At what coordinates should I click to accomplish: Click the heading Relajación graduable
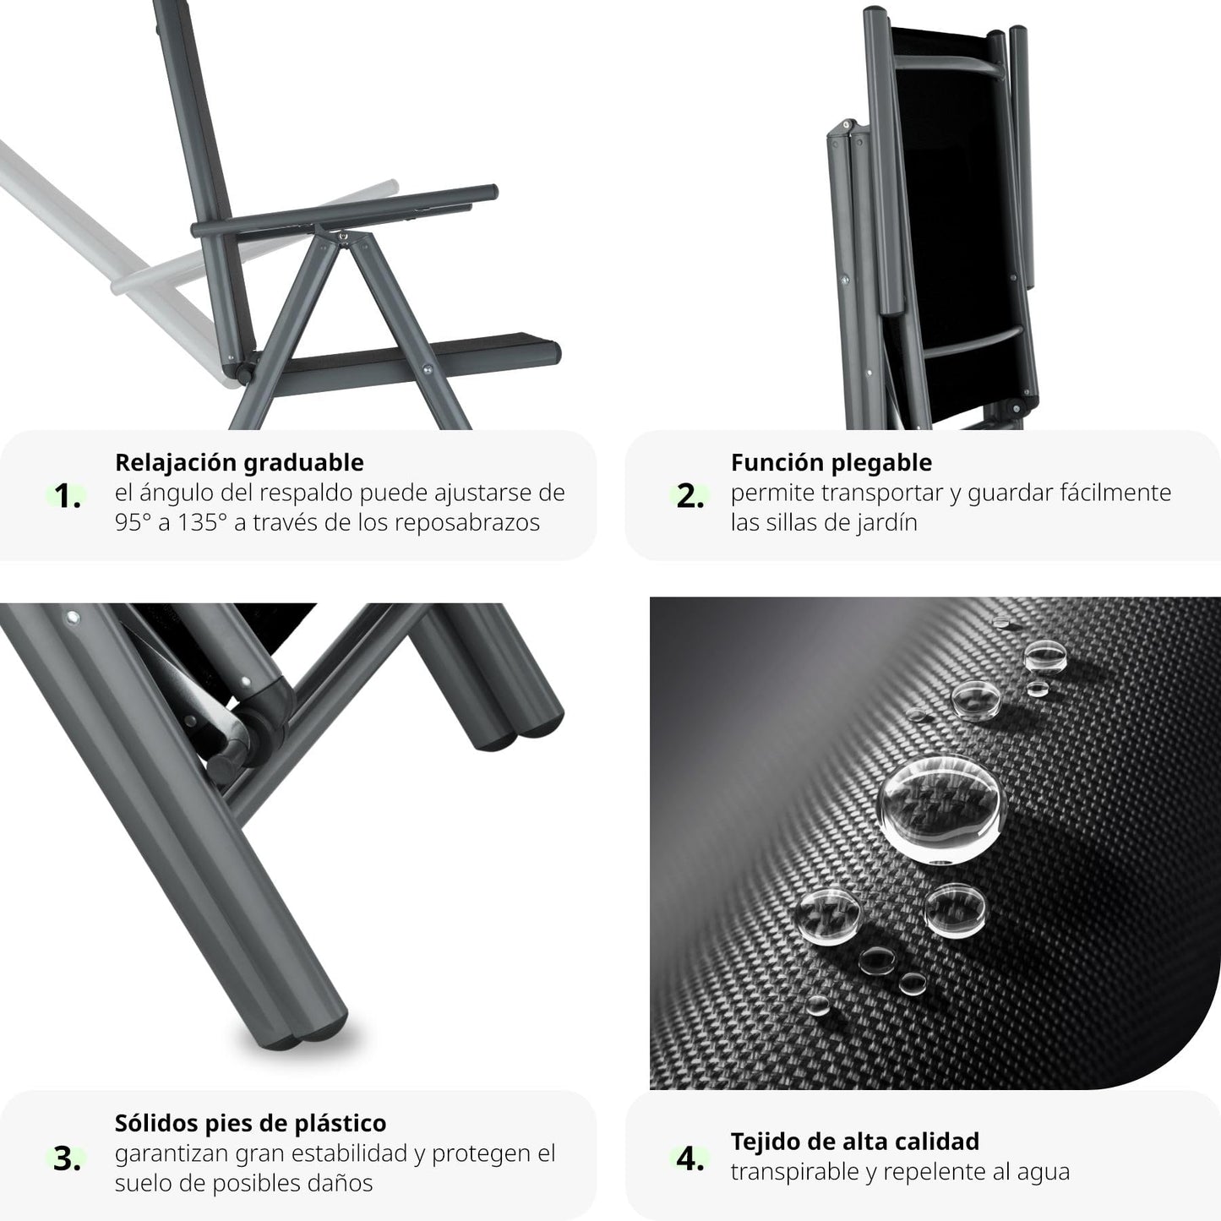pyautogui.click(x=239, y=463)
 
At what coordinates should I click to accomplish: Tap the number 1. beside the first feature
pyautogui.click(x=68, y=496)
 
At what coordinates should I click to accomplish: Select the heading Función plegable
pyautogui.click(x=831, y=463)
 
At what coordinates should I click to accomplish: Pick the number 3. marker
pyautogui.click(x=68, y=1159)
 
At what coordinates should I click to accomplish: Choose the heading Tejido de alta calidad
pyautogui.click(x=855, y=1142)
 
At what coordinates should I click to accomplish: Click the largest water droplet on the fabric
pyautogui.click(x=941, y=809)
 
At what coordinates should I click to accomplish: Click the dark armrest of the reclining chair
pyautogui.click(x=345, y=211)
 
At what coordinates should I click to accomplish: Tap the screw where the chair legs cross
pyautogui.click(x=343, y=237)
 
